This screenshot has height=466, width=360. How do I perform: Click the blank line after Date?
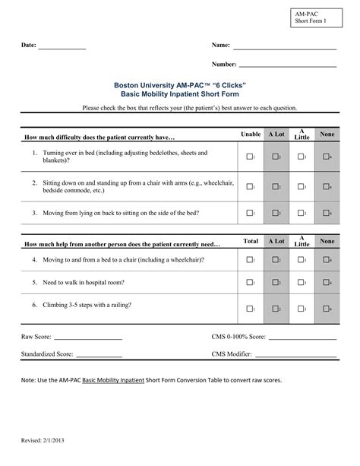(x=62, y=49)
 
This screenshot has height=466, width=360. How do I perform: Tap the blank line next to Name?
(x=285, y=49)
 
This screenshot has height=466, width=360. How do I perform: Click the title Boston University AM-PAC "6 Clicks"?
(x=180, y=87)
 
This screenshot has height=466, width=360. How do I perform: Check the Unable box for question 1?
(x=248, y=157)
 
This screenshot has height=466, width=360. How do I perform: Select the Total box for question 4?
(x=248, y=260)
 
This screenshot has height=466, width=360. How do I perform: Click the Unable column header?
(x=250, y=134)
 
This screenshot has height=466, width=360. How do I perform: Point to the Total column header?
(x=250, y=241)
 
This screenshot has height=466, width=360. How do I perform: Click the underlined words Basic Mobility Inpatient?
(x=112, y=380)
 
